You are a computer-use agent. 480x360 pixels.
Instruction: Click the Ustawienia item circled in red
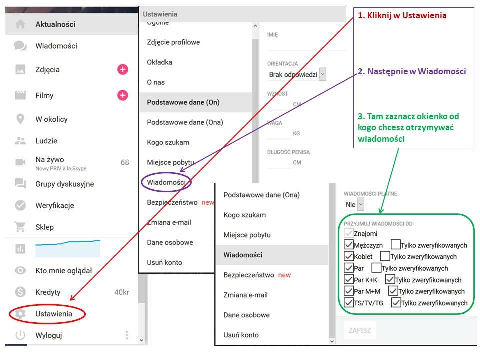[x=54, y=314]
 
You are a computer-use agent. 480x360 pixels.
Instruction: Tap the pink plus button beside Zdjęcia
[x=123, y=70]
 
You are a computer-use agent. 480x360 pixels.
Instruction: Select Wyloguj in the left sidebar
[x=49, y=335]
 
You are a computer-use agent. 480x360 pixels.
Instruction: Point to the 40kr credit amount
[x=122, y=292]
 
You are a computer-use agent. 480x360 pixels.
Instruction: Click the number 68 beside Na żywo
[x=125, y=162]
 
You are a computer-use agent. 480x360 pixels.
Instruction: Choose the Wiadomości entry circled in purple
[x=166, y=182]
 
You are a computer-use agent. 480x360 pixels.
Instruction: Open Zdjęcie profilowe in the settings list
[x=173, y=42]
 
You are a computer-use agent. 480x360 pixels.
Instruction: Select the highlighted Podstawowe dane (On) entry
[x=183, y=102]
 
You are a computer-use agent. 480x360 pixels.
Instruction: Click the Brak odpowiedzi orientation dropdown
[x=297, y=74]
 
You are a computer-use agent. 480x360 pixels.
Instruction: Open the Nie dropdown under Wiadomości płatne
[x=355, y=205]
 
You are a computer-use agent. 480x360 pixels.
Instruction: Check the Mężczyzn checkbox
[x=348, y=245]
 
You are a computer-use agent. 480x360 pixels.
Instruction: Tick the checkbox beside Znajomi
[x=348, y=233]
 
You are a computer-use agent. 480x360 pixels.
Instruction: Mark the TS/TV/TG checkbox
[x=348, y=303]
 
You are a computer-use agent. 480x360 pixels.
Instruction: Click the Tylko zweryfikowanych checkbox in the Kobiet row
[x=385, y=256]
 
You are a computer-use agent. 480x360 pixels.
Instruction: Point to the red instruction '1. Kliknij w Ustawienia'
[x=402, y=15]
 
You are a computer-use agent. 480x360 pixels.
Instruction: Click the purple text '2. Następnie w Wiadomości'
[x=412, y=71]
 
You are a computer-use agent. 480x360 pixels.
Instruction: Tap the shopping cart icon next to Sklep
[x=20, y=227]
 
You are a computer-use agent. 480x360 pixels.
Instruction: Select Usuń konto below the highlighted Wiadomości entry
[x=241, y=335]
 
